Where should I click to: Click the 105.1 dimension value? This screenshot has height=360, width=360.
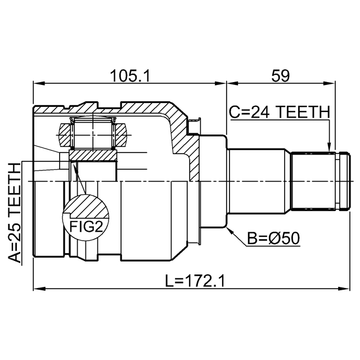130,76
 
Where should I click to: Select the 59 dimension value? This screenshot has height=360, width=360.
281,76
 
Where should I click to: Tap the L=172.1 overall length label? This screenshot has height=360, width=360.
195,281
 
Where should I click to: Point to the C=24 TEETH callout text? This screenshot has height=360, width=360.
280,112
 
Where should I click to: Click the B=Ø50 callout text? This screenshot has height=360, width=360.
273,238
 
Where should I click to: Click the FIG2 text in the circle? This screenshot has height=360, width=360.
86,226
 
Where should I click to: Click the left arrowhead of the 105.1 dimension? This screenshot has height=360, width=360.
39,84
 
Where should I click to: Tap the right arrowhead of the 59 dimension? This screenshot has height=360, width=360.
330,84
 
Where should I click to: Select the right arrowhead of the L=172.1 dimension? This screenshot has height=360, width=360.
345,289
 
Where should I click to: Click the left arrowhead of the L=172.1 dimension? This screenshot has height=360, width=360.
39,289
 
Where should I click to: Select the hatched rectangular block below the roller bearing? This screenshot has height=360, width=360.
93,155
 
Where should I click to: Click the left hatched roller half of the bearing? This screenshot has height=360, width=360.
65,135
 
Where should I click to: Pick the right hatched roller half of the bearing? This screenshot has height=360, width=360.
120,135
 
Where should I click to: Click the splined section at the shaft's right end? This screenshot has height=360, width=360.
313,181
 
